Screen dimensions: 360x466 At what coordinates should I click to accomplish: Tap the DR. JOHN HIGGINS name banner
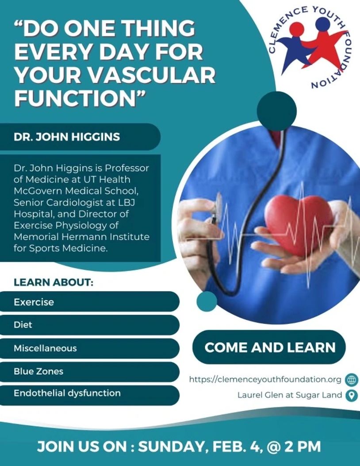(80, 137)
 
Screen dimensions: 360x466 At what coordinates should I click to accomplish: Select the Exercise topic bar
(89, 302)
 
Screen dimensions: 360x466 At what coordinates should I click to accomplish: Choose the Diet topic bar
(89, 325)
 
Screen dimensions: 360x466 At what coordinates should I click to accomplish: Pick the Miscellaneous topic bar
(89, 348)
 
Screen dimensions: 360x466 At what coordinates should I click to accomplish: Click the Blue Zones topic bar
(89, 371)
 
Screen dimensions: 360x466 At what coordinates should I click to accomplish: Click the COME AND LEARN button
(269, 347)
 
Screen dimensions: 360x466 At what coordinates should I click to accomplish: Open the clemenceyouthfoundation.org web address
(265, 380)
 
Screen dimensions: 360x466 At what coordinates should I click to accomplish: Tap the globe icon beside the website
(352, 380)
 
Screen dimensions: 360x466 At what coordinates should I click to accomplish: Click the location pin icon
(352, 396)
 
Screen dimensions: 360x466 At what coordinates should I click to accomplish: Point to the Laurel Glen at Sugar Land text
(290, 395)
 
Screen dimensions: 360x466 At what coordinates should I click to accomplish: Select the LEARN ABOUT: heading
(54, 282)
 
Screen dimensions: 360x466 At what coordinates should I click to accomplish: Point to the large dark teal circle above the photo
(276, 111)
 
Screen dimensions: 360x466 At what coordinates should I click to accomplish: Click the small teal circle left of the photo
(207, 301)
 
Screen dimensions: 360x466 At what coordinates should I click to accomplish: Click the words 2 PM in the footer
(303, 447)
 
